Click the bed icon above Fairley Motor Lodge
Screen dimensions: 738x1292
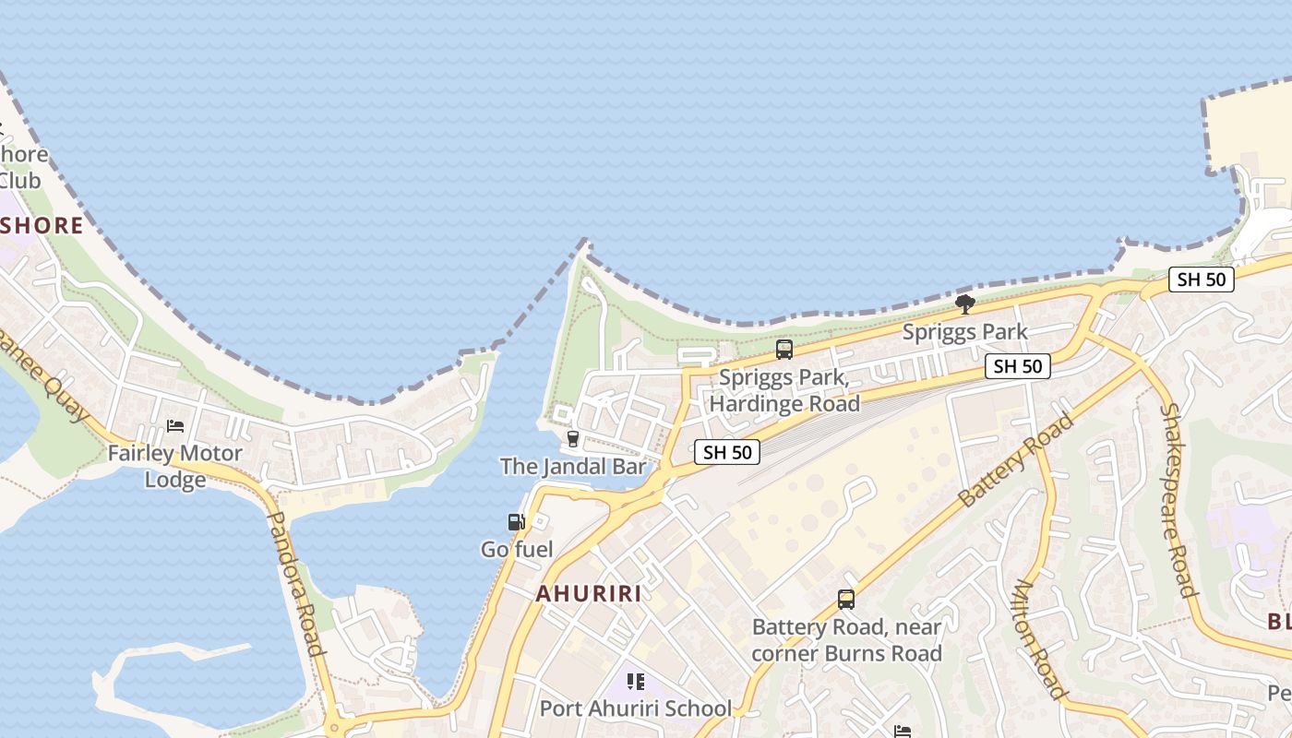tap(175, 425)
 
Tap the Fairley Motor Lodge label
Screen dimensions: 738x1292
tap(174, 466)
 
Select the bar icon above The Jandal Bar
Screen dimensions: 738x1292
tap(572, 438)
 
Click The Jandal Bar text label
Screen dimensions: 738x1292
tap(573, 466)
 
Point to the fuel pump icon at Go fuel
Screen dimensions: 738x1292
tap(517, 522)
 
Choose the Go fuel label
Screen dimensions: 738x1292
tap(517, 550)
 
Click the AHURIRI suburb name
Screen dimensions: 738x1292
tap(589, 593)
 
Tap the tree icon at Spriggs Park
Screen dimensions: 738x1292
tap(965, 304)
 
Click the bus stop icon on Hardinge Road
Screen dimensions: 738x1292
tap(784, 350)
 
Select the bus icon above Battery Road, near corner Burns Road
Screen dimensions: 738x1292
tap(846, 600)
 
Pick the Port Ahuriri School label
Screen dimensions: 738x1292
tap(635, 708)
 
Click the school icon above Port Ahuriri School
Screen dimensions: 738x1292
tap(635, 682)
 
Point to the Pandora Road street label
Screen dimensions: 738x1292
tap(296, 583)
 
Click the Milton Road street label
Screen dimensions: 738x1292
tap(1041, 638)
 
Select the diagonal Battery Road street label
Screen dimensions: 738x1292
tap(1015, 459)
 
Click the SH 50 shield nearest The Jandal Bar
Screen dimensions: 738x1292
tap(727, 451)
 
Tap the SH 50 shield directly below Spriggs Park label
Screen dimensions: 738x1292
tap(1017, 366)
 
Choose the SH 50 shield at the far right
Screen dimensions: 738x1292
tap(1201, 280)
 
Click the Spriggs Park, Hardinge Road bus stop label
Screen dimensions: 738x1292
tap(789, 390)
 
